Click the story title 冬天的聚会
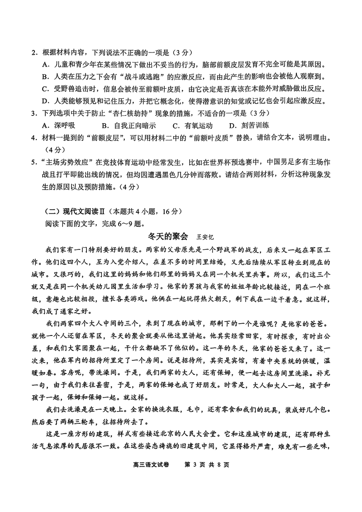pos(167,236)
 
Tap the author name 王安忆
pos(205,237)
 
